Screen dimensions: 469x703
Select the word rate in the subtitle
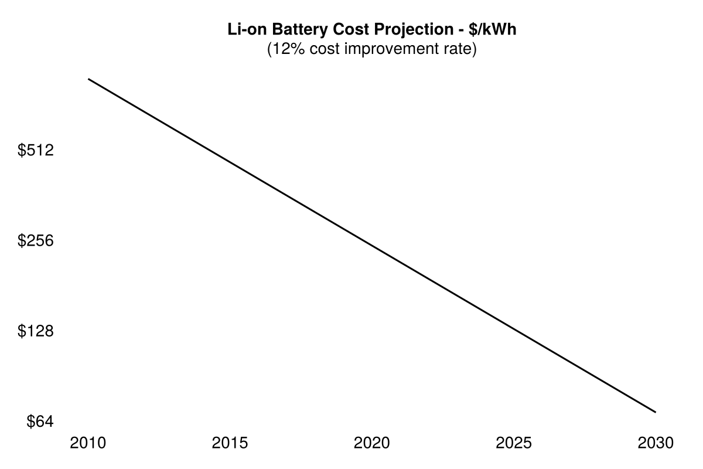[x=459, y=49]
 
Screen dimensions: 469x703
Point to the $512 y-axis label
[x=36, y=151]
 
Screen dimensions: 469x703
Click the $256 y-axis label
[x=36, y=241]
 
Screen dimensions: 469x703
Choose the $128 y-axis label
[x=36, y=332]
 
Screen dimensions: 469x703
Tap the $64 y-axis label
[x=40, y=422]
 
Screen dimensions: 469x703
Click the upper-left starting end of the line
[x=88, y=79]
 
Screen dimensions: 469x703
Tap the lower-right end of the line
[x=656, y=412]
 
